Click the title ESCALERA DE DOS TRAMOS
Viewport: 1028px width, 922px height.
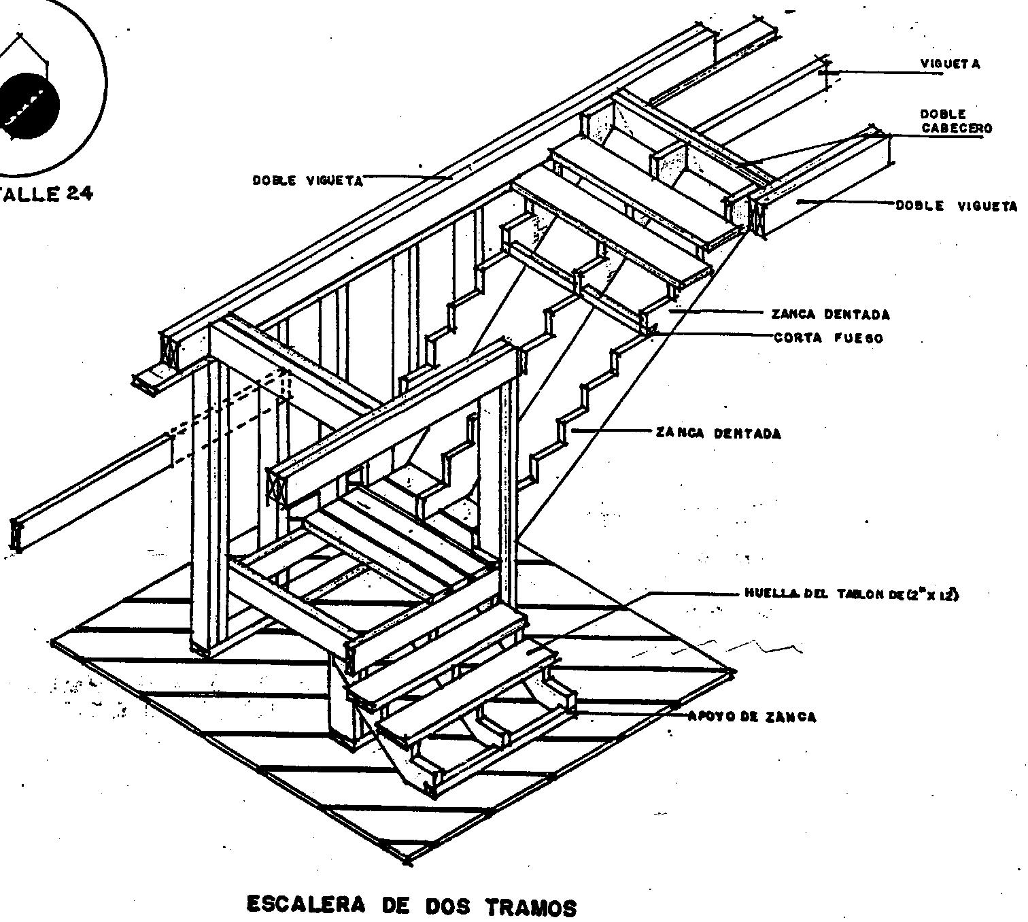[x=411, y=906]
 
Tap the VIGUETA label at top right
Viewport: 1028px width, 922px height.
[x=950, y=64]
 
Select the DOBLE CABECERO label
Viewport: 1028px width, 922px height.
[x=956, y=121]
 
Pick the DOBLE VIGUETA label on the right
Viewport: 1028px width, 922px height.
[x=956, y=206]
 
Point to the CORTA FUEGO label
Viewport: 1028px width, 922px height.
[x=828, y=338]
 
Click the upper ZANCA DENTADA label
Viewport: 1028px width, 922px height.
[x=830, y=314]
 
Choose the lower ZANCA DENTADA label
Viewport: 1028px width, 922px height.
[x=718, y=433]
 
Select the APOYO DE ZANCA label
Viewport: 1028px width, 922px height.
[x=752, y=717]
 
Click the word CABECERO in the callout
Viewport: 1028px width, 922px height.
[x=956, y=128]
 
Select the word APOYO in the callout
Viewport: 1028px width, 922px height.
[x=709, y=717]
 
